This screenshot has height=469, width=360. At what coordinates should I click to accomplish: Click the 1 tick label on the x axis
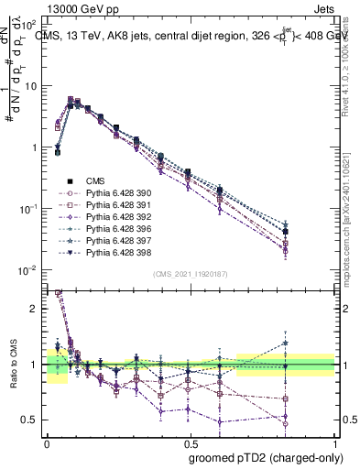pyautogui.click(x=334, y=442)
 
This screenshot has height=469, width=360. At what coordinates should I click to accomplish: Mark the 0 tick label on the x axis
pyautogui.click(x=47, y=442)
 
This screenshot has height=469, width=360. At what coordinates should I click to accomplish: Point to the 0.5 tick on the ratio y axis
pyautogui.click(x=31, y=420)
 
